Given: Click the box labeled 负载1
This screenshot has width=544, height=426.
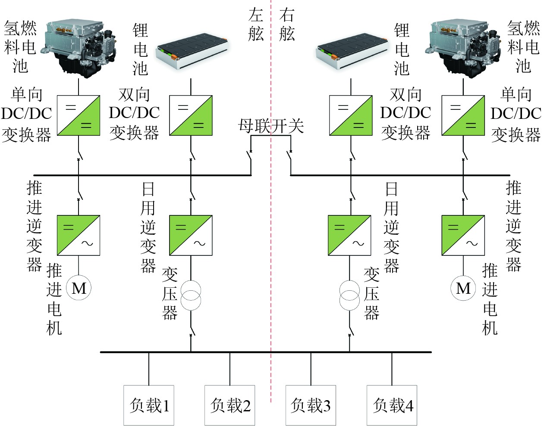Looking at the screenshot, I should [x=149, y=405].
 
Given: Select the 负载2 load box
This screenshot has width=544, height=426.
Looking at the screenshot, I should [x=230, y=405].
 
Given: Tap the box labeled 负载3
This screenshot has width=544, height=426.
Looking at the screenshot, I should [x=311, y=405].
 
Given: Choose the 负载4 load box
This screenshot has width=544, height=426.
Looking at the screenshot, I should [x=392, y=405].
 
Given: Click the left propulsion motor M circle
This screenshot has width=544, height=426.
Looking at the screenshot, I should [x=79, y=288].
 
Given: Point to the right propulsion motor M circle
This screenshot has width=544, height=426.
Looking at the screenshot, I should [x=463, y=288].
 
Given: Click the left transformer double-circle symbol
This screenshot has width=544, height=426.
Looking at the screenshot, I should [x=191, y=295].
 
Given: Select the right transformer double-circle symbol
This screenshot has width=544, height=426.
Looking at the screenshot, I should [x=349, y=295].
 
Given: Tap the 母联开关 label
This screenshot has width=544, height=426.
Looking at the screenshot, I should [x=271, y=126].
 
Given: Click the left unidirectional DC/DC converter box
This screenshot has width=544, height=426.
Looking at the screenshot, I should [x=79, y=115].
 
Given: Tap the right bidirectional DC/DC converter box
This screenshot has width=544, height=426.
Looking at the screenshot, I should [x=351, y=115].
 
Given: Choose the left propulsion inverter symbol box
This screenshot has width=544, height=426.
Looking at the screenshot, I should [x=79, y=235].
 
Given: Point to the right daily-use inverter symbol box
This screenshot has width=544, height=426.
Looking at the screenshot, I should [x=349, y=235].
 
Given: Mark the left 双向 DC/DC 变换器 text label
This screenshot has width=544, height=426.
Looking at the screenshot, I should [x=134, y=114].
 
